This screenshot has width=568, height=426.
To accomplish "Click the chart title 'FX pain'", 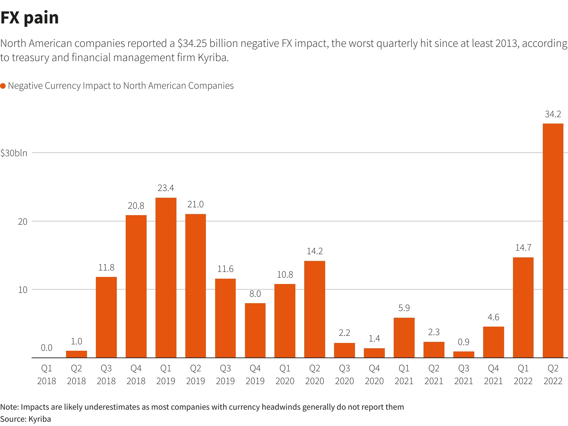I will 30,18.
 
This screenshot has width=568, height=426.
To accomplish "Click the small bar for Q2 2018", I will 76,354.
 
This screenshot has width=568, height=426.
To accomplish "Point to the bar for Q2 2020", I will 315,309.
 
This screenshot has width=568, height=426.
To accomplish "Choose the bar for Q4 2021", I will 493,342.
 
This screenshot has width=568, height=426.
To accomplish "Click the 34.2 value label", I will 553,114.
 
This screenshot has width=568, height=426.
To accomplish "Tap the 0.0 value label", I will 47,348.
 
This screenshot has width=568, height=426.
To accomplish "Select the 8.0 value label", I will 255,294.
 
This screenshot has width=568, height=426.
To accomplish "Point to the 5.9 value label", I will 404,308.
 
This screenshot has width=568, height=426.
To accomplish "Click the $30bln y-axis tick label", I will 14,153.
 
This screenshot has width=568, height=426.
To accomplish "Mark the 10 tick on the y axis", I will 23,290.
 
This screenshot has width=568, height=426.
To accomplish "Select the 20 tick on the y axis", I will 23,222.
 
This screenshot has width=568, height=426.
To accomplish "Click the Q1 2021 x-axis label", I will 404,375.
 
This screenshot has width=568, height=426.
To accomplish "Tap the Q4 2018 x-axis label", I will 136,375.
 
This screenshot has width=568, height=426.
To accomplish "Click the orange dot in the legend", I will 3,86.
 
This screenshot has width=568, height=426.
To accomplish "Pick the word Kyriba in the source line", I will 39,419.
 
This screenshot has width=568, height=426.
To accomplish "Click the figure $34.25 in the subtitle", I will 192,43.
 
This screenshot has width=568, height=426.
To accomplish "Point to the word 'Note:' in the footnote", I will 10,407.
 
